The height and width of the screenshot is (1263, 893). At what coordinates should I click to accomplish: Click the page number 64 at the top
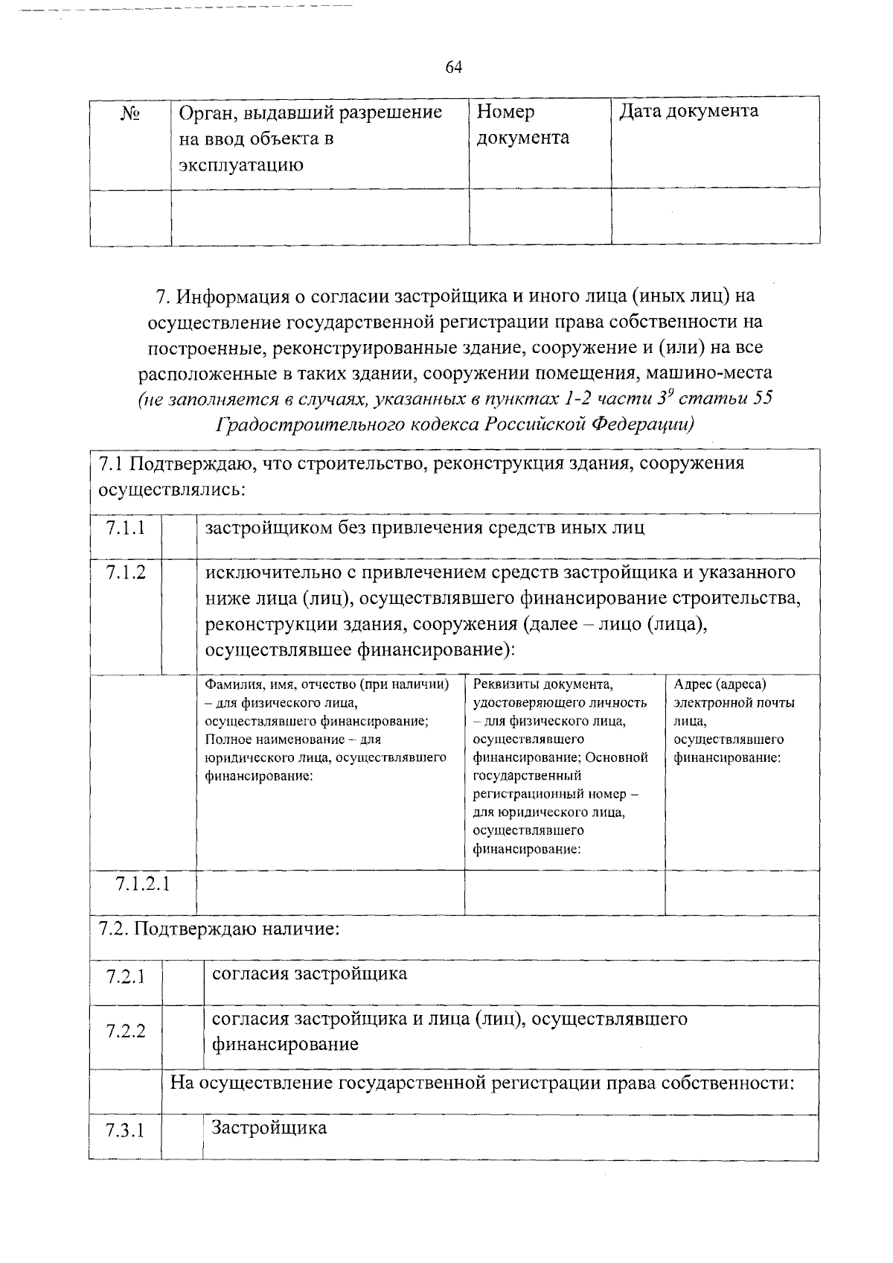(x=454, y=68)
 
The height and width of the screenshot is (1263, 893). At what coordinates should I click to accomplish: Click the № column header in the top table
(x=130, y=113)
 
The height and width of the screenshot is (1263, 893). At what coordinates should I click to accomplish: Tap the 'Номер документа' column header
(x=522, y=124)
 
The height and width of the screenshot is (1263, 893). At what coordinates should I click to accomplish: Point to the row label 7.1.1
(x=125, y=528)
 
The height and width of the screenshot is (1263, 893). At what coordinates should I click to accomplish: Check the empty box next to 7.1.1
(x=179, y=535)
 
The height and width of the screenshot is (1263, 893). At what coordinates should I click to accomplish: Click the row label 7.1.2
(x=125, y=573)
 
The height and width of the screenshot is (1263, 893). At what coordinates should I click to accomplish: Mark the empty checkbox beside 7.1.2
(x=179, y=615)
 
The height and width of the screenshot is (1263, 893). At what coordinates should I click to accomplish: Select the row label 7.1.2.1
(x=142, y=884)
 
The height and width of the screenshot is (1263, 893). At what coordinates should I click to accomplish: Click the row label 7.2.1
(x=125, y=976)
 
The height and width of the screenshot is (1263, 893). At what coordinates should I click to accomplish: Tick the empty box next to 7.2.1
(x=183, y=983)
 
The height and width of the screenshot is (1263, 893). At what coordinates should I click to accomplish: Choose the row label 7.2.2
(x=125, y=1031)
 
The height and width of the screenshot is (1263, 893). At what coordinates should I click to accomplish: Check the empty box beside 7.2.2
(x=183, y=1037)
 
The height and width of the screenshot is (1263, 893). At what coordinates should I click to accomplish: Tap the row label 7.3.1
(x=125, y=1132)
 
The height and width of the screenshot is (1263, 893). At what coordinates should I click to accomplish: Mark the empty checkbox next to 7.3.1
(x=182, y=1137)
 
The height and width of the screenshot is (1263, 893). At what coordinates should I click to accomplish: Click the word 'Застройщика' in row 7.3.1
(x=269, y=1127)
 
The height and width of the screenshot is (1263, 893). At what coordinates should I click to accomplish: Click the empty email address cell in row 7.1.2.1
(x=742, y=892)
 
